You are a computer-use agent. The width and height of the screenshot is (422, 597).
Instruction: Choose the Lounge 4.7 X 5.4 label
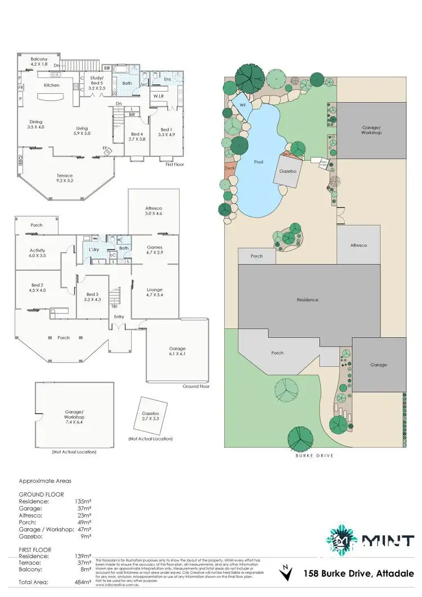tap(155, 293)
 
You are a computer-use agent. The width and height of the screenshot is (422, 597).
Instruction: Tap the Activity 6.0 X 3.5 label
tap(37, 253)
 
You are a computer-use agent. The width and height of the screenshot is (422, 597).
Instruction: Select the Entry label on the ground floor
tap(119, 317)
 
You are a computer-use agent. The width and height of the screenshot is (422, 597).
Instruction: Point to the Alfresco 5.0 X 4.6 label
tap(154, 210)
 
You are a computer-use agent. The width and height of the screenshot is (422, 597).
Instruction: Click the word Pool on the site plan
tap(258, 162)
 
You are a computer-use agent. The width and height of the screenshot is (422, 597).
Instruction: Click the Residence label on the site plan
tap(308, 300)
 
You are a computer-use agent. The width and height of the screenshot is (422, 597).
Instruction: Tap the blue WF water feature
tap(244, 105)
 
